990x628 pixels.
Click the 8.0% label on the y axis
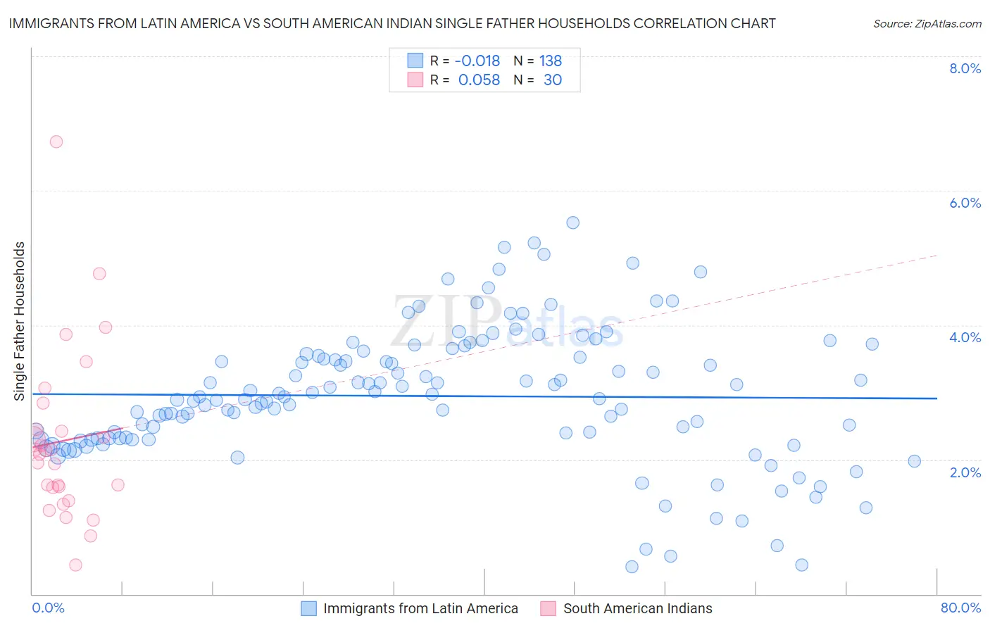coord(965,68)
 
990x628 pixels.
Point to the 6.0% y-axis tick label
coord(965,203)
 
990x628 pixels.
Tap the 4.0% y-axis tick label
coord(965,337)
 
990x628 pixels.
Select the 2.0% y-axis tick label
coord(965,472)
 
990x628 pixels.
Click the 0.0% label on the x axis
coord(48,608)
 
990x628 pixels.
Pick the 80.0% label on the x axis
coord(960,608)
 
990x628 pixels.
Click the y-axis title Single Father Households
coord(20,321)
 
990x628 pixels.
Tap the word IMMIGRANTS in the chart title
coord(48,23)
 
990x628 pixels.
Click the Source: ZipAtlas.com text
coord(927,24)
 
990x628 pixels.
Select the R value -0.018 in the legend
coord(477,61)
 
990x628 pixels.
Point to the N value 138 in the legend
coord(551,61)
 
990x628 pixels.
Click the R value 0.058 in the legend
coord(479,80)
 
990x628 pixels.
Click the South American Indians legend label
coord(637,608)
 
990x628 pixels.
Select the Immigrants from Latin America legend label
coord(420,608)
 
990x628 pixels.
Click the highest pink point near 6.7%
coord(56,142)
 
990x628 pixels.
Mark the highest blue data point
coord(572,222)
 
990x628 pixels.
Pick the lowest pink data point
coord(75,565)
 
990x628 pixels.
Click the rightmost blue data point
coord(914,461)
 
